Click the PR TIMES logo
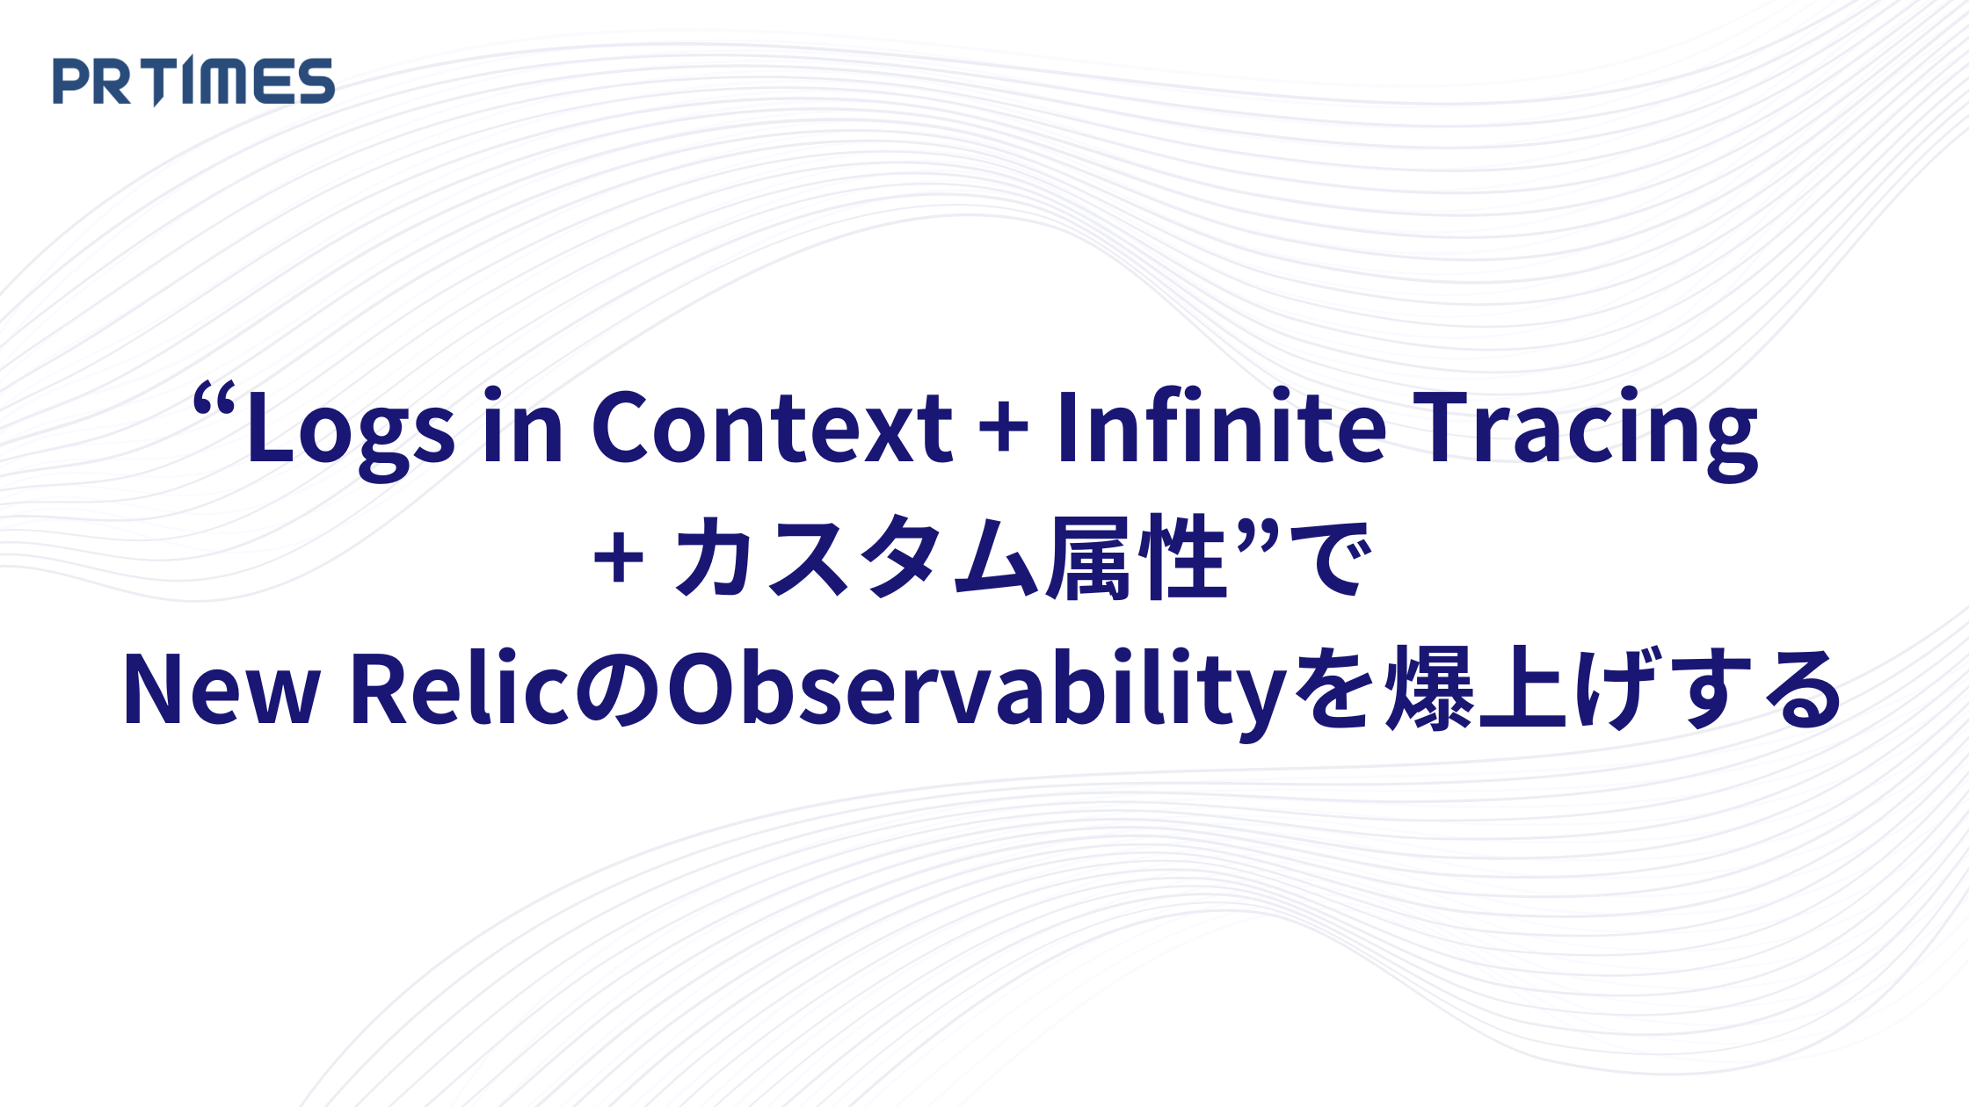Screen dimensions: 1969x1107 tap(193, 81)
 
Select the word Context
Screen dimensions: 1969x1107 tap(772, 427)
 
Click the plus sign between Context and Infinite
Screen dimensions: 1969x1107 tap(1004, 430)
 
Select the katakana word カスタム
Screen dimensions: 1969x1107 tap(859, 559)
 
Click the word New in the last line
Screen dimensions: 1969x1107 tap(221, 689)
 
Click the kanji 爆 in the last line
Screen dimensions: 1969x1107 tap(1429, 689)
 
